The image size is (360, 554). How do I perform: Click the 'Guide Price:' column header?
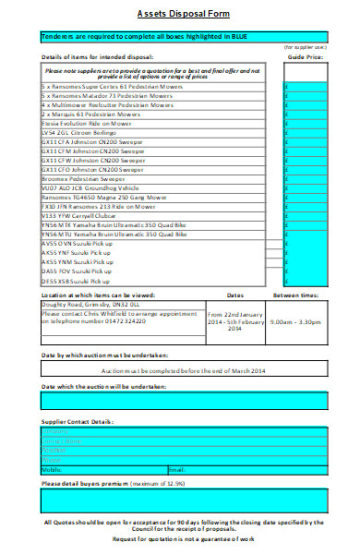point(306,56)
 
